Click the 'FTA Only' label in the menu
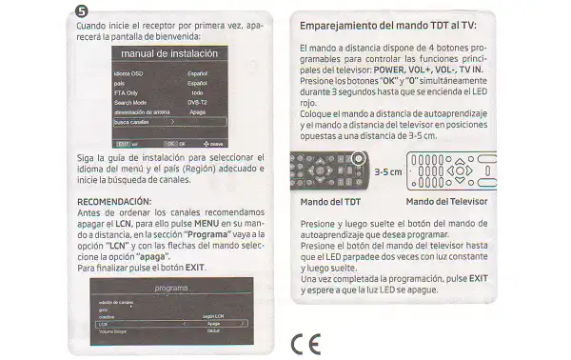coord(127,92)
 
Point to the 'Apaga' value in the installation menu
coord(198,111)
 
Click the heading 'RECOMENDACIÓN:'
coord(113,202)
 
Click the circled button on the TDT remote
coord(359,159)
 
